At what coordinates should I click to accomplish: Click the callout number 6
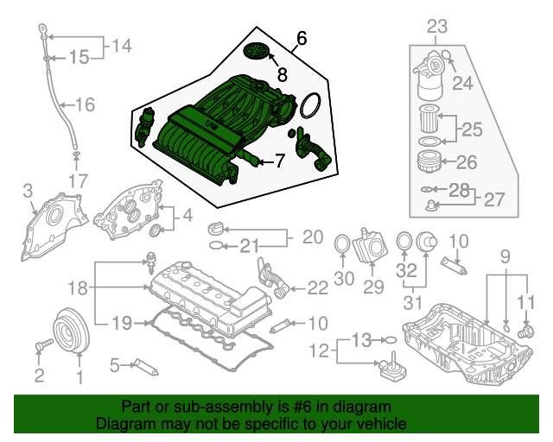301,38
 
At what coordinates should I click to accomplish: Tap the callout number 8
282,76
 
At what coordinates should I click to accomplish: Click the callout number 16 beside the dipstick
84,104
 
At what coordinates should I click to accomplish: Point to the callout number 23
437,27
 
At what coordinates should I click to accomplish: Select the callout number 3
28,190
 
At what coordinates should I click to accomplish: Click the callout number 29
374,287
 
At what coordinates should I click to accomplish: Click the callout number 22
317,287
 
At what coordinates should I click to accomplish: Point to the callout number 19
121,323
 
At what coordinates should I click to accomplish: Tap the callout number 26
466,161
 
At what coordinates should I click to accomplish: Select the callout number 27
493,199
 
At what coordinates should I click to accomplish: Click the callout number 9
505,255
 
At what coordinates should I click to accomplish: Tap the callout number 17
78,181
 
